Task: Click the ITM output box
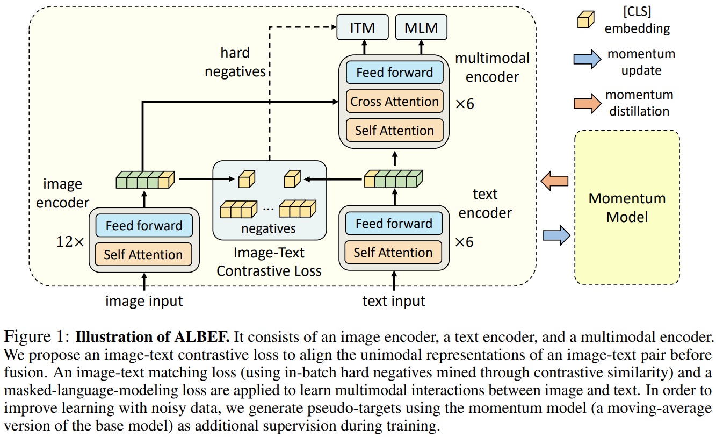[x=362, y=27]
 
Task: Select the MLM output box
[x=421, y=27]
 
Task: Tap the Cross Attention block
[x=394, y=102]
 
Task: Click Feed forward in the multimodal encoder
[x=394, y=73]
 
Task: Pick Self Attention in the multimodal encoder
[x=394, y=131]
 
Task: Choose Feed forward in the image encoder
[x=143, y=226]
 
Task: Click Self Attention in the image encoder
[x=143, y=254]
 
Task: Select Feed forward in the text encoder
[x=393, y=224]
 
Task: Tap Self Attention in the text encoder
[x=393, y=253]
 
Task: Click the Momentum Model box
[x=626, y=207]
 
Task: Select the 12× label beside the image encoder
[x=70, y=242]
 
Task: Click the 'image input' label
[x=144, y=301]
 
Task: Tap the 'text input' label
[x=394, y=301]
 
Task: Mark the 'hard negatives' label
[x=235, y=62]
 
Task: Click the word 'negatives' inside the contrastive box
[x=269, y=228]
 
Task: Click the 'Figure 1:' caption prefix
[x=37, y=338]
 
